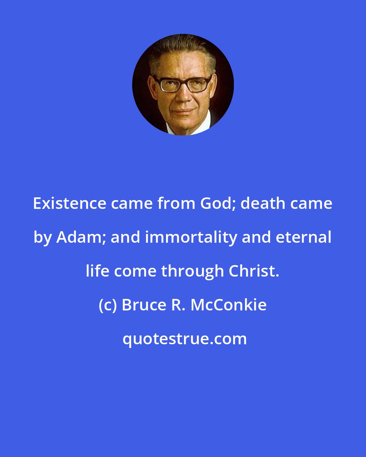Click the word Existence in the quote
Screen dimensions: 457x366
(x=69, y=203)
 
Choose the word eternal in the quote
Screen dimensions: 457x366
(x=304, y=237)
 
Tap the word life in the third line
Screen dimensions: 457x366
(x=98, y=271)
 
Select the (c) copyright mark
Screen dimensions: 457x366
(x=108, y=305)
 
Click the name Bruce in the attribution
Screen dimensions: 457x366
(x=144, y=305)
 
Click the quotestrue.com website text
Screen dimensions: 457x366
(x=185, y=339)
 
